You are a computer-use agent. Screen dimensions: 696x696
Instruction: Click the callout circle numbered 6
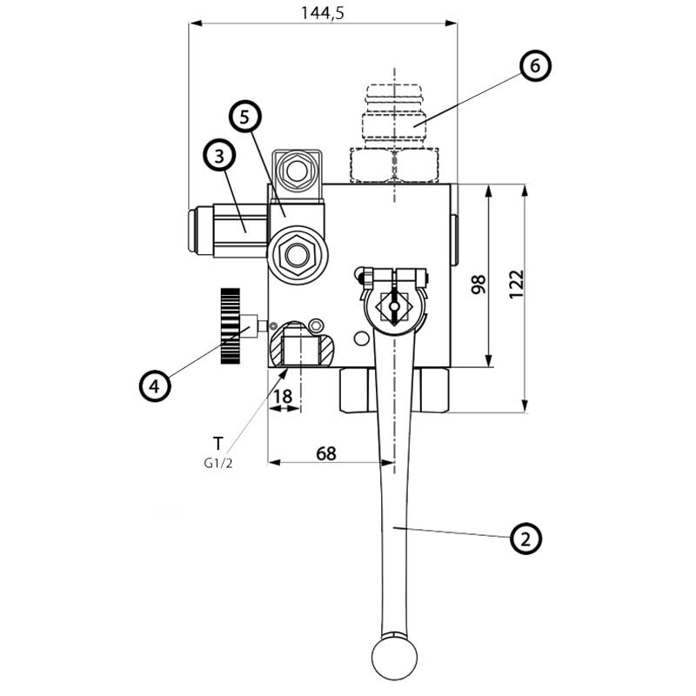[x=535, y=66]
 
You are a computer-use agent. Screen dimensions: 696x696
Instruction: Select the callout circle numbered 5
[x=245, y=116]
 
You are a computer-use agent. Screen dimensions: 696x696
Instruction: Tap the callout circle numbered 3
[x=219, y=156]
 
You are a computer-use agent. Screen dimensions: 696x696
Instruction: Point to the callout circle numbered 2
[x=525, y=539]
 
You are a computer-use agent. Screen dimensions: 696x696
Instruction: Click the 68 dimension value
[x=325, y=453]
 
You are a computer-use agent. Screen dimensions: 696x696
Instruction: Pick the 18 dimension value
[x=283, y=396]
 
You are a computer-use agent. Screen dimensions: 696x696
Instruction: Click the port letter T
[x=217, y=441]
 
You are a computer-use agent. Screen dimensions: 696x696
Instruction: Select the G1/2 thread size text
[x=217, y=463]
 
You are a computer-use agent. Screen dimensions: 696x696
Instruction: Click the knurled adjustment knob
[x=231, y=326]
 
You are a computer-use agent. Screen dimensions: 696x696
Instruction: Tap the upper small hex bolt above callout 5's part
[x=298, y=168]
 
